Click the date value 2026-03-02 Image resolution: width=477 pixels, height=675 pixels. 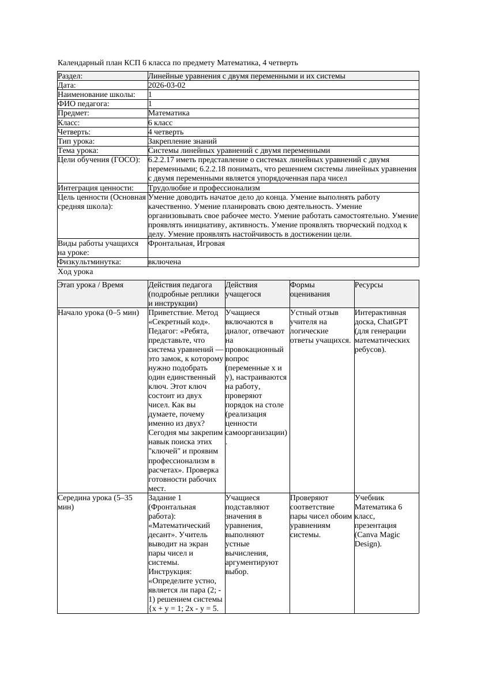click(167, 85)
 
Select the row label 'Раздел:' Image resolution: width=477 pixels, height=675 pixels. click(70, 76)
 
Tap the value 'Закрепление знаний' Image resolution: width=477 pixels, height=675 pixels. click(182, 141)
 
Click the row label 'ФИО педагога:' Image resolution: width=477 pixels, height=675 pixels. click(84, 104)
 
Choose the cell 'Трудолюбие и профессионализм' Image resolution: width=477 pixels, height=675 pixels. click(204, 187)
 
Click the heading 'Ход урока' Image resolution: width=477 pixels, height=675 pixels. click(76, 271)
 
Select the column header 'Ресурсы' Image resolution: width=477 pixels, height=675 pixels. click(369, 284)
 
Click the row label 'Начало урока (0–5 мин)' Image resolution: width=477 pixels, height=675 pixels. click(99, 313)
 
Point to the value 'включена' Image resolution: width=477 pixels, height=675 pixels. click(164, 262)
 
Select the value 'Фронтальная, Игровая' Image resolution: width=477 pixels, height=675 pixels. click(186, 243)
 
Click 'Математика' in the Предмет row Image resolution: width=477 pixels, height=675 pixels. click(168, 113)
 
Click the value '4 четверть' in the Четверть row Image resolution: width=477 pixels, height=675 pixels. click(166, 132)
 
